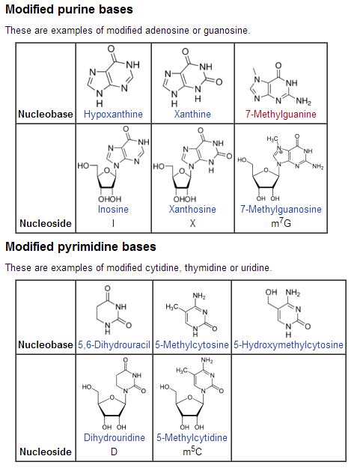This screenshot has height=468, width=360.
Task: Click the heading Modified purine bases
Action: click(69, 9)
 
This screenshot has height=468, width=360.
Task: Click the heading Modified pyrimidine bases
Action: click(81, 246)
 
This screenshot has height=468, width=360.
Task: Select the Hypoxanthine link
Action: click(113, 114)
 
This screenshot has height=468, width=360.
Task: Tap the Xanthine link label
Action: click(192, 114)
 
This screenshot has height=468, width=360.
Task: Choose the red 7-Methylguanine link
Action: click(281, 114)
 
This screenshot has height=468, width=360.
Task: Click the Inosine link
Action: click(113, 209)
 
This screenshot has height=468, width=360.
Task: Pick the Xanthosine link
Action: click(192, 209)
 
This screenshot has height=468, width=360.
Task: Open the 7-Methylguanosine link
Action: click(281, 209)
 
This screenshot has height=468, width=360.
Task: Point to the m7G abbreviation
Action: click(281, 222)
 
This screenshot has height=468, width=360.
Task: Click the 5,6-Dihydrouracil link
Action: click(114, 344)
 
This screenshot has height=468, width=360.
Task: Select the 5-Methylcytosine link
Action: click(192, 344)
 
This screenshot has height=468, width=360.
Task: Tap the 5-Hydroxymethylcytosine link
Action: click(288, 344)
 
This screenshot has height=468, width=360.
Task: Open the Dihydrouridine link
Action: click(115, 437)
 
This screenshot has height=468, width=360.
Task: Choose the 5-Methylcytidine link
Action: click(192, 437)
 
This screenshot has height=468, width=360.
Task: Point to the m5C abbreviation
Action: click(192, 451)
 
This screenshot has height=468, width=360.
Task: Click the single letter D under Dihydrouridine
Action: click(114, 452)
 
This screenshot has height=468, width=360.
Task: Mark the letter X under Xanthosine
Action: click(192, 223)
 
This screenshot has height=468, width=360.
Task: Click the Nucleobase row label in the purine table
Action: click(46, 114)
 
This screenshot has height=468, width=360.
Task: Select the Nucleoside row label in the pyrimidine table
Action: click(46, 452)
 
